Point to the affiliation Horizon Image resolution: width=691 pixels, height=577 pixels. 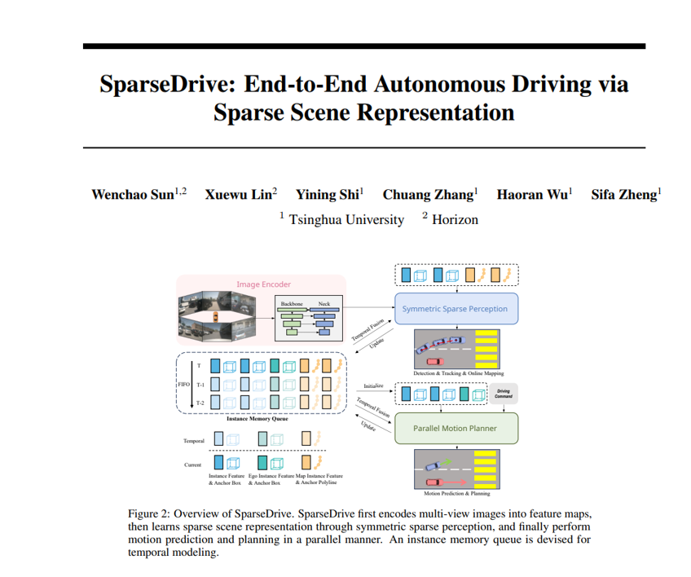455,219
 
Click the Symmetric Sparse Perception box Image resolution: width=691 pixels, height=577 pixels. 455,309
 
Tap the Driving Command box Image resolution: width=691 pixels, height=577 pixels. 503,394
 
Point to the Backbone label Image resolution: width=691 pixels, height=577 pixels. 292,303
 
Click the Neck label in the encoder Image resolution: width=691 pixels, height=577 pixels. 323,303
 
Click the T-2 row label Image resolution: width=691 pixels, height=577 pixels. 200,401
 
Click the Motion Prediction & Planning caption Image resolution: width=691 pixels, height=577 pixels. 457,493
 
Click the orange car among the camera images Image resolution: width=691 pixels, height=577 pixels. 215,316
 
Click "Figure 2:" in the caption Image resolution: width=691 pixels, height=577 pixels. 152,514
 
